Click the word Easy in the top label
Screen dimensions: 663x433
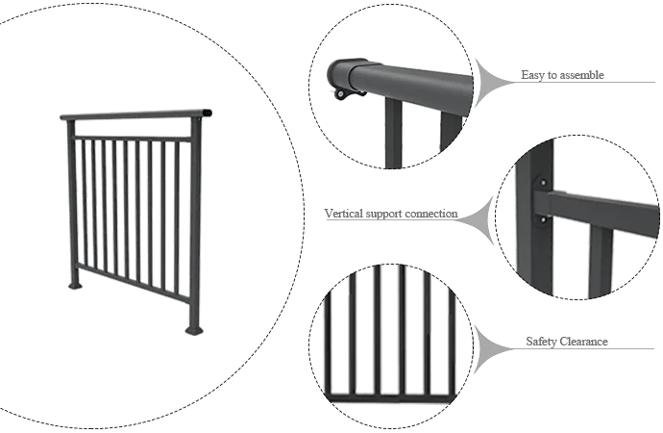tap(532, 75)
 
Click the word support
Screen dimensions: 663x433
tap(383, 215)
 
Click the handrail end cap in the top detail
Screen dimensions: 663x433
tap(341, 73)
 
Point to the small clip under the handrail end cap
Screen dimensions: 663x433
tap(342, 93)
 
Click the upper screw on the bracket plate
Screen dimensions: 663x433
tap(543, 183)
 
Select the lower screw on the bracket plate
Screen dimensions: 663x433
tap(543, 219)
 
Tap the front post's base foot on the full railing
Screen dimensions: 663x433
tap(194, 330)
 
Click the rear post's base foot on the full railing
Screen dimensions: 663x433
tap(76, 285)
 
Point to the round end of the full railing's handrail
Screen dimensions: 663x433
tap(207, 113)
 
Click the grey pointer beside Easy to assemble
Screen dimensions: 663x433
tap(490, 82)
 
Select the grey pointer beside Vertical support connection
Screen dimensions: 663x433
tap(478, 220)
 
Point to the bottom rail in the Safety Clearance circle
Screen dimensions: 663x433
tap(391, 397)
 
